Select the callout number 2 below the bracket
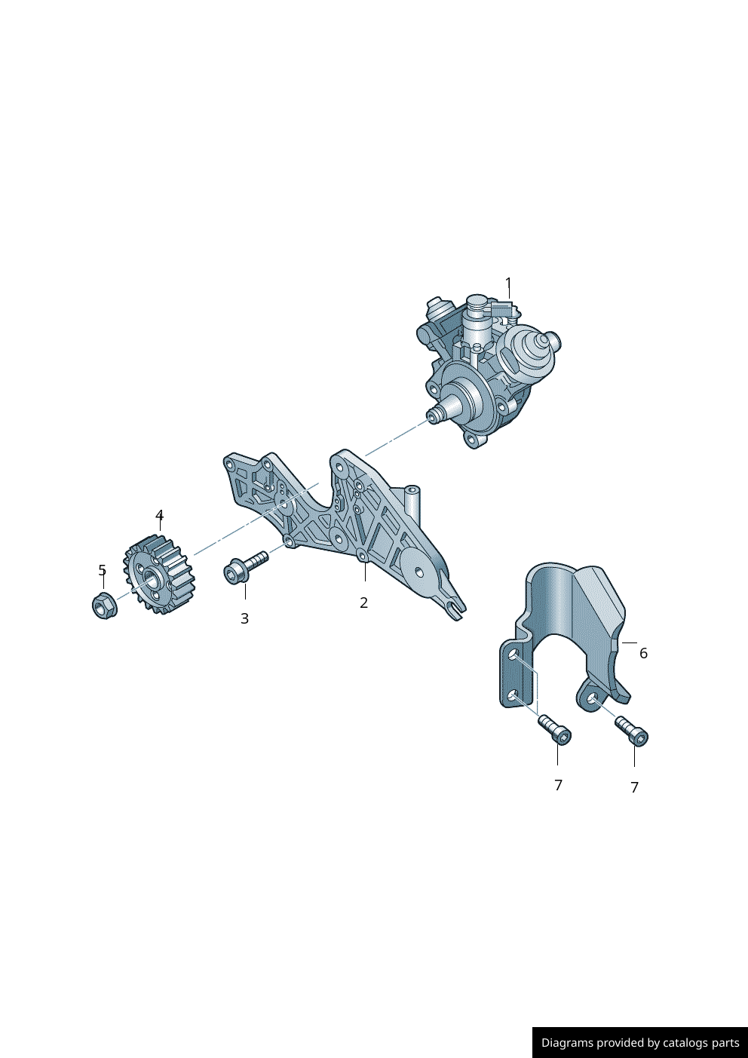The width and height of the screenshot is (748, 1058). tap(363, 603)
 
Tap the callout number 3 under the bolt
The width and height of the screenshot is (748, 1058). tap(244, 618)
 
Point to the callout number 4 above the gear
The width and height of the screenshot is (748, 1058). tap(160, 515)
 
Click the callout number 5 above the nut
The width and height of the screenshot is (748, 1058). tap(103, 570)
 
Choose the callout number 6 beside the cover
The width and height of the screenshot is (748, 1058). tap(644, 653)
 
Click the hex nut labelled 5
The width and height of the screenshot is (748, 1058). tap(105, 605)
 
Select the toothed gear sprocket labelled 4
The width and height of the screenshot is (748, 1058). tap(159, 575)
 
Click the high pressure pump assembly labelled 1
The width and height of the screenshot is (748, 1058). tap(491, 371)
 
